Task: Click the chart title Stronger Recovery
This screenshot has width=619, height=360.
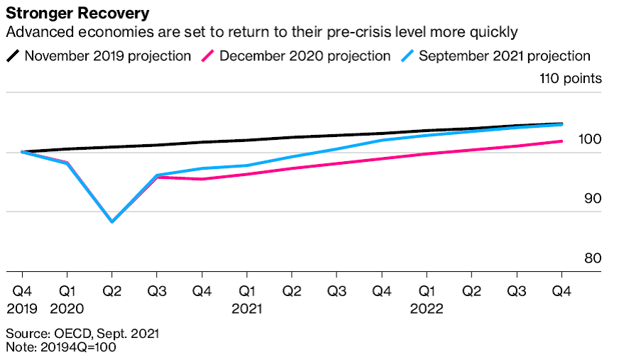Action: [x=78, y=13]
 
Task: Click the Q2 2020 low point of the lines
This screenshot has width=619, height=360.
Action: [x=112, y=222]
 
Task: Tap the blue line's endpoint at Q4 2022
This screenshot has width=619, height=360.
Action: [x=562, y=124]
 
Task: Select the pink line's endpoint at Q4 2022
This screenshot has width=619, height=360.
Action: [x=562, y=141]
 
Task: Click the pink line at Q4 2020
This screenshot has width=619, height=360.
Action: [x=202, y=179]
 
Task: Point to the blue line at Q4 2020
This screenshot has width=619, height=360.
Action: [x=202, y=168]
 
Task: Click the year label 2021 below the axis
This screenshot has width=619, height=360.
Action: [x=246, y=309]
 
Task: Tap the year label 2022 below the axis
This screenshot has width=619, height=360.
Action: [x=427, y=309]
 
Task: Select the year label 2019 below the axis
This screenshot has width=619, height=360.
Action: [x=22, y=309]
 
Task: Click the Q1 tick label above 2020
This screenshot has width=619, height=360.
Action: [x=67, y=291]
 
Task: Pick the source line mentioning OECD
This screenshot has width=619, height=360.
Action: [x=82, y=333]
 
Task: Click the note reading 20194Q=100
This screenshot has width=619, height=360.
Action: [x=61, y=348]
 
